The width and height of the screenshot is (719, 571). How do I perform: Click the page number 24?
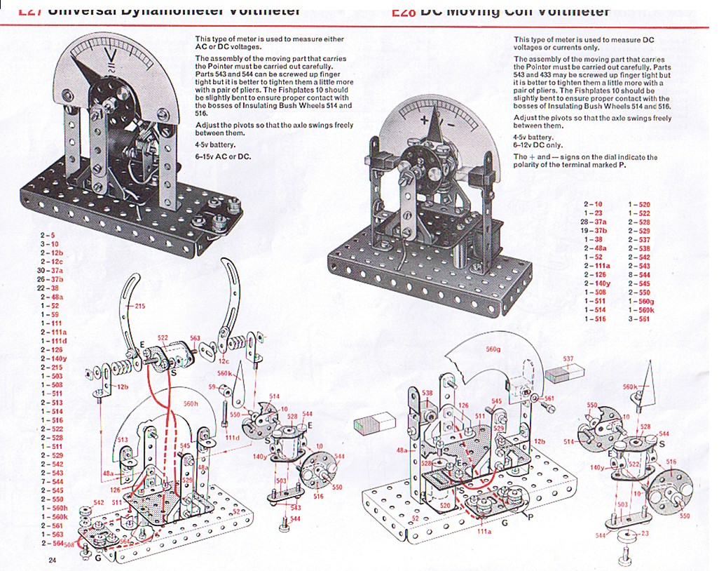pos(52,559)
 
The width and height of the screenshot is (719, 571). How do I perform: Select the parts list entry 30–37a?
pos(50,270)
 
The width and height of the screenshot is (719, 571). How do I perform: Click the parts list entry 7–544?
pos(52,481)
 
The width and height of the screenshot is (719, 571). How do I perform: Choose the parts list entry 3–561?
pos(639,319)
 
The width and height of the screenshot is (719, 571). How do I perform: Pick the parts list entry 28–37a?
pos(594,222)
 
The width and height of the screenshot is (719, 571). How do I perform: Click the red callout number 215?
pos(139,306)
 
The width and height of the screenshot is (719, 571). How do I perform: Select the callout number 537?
pos(568,358)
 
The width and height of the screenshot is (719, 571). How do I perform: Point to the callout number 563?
pos(195,338)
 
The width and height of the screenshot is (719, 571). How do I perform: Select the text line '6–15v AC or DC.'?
pos(223,156)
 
